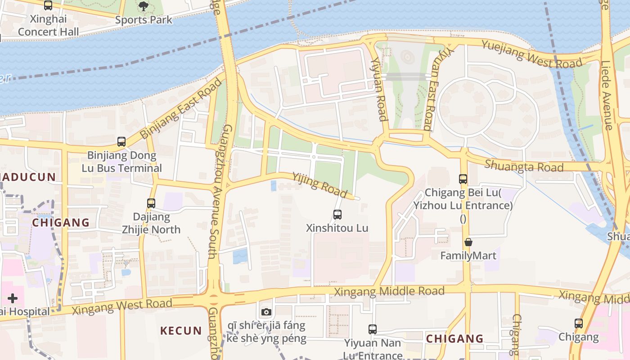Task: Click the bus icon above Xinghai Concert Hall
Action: tap(48, 5)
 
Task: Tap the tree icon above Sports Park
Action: tap(143, 6)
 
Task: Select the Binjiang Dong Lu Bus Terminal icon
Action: tap(121, 142)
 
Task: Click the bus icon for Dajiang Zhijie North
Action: tap(151, 203)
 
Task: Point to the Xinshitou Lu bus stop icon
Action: tap(337, 215)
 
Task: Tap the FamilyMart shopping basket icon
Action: tap(468, 242)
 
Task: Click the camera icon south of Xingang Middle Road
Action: tap(266, 312)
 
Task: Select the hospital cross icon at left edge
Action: tap(13, 298)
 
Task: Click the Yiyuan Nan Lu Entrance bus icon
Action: tap(373, 329)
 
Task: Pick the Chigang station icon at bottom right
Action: tap(579, 323)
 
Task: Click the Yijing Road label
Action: tap(319, 184)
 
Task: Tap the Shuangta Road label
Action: tap(524, 166)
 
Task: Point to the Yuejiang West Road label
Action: tap(532, 54)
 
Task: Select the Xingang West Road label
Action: tap(122, 307)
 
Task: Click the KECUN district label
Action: tap(181, 331)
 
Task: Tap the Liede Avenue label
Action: tap(607, 95)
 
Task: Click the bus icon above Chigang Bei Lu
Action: tap(463, 179)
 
